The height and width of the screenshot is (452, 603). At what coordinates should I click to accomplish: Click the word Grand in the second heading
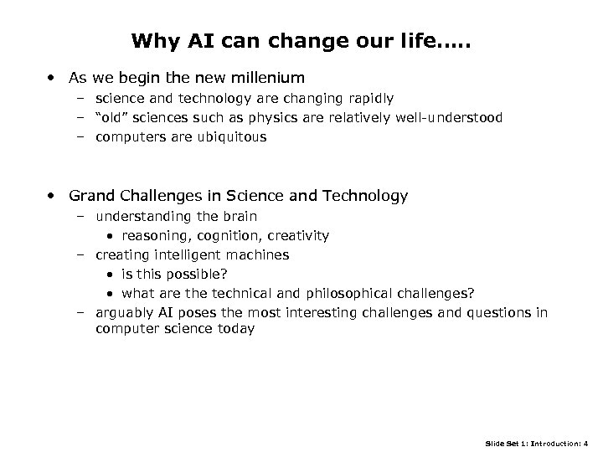point(92,197)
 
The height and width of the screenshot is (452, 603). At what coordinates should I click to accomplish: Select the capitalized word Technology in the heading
point(364,197)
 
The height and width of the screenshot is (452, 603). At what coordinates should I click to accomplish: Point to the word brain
point(237,216)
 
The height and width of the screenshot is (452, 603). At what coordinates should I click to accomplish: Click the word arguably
point(122,312)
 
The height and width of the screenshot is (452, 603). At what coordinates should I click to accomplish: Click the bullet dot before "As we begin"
point(53,78)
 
